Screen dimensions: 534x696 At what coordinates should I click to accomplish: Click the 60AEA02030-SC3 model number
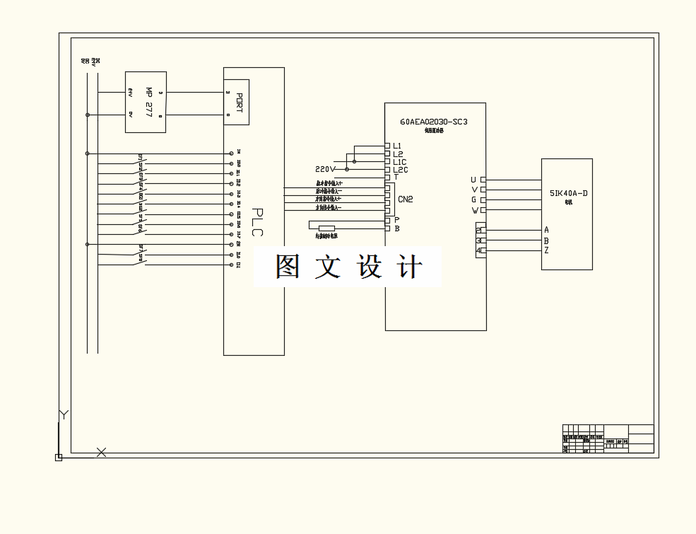point(434,122)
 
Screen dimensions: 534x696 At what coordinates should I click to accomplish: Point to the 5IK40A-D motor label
point(568,193)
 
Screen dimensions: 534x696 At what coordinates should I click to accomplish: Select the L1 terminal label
point(397,146)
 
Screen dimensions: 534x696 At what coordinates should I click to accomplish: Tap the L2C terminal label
point(400,170)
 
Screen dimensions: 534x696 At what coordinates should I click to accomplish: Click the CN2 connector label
point(406,199)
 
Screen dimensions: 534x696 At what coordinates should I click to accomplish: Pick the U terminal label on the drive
point(473,180)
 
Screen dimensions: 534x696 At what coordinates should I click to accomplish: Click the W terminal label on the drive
point(474,210)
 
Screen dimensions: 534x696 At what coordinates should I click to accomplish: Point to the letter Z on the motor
point(546,250)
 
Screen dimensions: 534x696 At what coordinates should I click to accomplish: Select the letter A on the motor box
point(546,230)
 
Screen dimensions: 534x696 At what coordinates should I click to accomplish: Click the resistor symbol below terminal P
point(326,228)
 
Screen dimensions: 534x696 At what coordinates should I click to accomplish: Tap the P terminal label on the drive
point(397,220)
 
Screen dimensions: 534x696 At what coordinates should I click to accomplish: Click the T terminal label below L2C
point(396,177)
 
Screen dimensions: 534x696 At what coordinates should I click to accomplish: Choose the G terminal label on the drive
point(474,200)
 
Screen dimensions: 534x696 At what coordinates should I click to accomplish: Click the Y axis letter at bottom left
point(64,415)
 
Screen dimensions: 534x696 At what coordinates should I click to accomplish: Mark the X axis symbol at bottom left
point(101,452)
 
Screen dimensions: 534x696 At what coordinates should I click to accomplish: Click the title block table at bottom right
point(608,439)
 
